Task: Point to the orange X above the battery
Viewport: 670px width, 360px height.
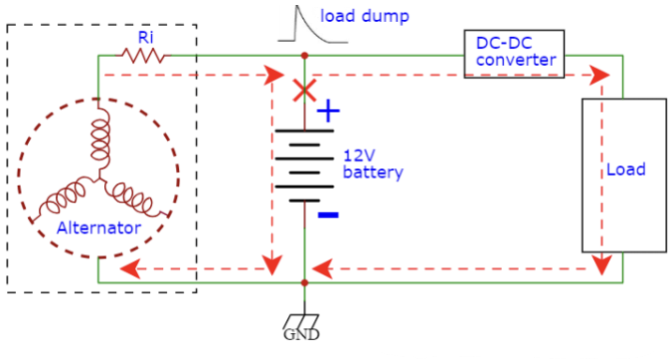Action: pos(304,92)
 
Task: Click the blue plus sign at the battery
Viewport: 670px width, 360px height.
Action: pos(327,112)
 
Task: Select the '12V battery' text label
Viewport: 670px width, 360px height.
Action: pos(373,164)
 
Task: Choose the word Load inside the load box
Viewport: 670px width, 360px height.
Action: pos(625,169)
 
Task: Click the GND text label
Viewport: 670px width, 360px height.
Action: pos(304,335)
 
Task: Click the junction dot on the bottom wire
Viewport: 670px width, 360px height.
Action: pos(304,282)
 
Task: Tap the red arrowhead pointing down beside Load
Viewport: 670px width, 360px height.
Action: pos(601,265)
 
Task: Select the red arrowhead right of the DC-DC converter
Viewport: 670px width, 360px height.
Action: pos(599,75)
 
